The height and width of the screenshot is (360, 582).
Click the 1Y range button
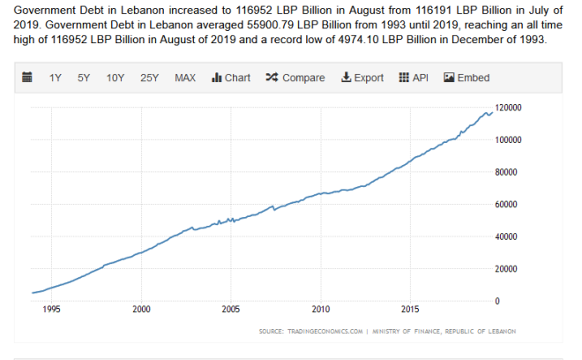(x=55, y=78)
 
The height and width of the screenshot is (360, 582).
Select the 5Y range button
(x=84, y=78)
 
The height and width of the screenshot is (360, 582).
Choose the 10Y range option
(x=116, y=78)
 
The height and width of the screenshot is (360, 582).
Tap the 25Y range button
(x=149, y=78)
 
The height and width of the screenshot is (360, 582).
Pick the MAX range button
(x=185, y=78)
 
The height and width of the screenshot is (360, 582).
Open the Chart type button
(x=231, y=78)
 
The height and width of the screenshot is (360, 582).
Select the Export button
(x=362, y=78)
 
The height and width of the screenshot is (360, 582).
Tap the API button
(x=414, y=78)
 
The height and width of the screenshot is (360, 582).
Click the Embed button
(x=466, y=78)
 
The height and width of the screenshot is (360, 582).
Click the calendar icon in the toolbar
(x=26, y=78)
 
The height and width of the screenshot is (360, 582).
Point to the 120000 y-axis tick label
(x=511, y=108)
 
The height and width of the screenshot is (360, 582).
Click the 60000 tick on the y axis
(x=509, y=204)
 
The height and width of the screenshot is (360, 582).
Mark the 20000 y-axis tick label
(x=509, y=268)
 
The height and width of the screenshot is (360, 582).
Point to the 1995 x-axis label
(x=51, y=310)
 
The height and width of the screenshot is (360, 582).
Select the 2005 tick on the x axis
(x=230, y=310)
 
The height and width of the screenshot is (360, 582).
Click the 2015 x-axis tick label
(x=410, y=310)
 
